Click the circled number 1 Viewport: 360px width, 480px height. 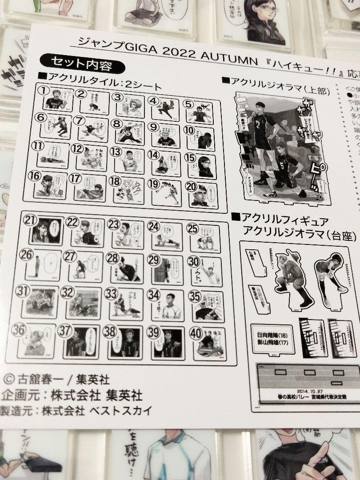point(43,91)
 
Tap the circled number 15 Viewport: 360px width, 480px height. point(190,159)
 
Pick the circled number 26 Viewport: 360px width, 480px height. point(26,255)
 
